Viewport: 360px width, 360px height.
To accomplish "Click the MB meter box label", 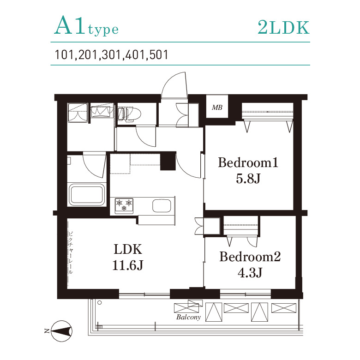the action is point(217,108).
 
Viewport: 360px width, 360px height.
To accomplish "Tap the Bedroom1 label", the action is point(248,162).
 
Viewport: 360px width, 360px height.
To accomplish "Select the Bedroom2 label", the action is point(250,257).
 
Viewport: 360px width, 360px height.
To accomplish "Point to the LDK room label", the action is point(128,249).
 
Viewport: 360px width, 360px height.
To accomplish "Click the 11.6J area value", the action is point(128,265).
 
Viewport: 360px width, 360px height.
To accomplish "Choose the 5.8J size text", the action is point(248,179).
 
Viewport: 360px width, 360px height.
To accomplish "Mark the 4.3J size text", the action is point(250,273).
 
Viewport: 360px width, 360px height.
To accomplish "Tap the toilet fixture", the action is point(129,114).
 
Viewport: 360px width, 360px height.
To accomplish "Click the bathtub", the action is point(87,194).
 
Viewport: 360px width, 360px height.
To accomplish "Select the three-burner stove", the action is point(124,205).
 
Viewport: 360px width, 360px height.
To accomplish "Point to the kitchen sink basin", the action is point(162,206).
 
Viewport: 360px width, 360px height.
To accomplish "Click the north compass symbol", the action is point(61,331).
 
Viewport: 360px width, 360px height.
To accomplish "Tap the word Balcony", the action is point(188,317).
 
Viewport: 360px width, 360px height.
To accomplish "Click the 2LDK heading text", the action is point(283,28).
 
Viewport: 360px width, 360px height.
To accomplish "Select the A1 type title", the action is point(86,26).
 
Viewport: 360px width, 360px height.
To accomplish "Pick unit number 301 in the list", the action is point(111,55).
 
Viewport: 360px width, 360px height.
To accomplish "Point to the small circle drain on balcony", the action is point(99,303).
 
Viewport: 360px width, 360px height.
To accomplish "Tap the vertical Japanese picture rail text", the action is point(71,252).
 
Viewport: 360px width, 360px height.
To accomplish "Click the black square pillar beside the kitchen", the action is point(168,161).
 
